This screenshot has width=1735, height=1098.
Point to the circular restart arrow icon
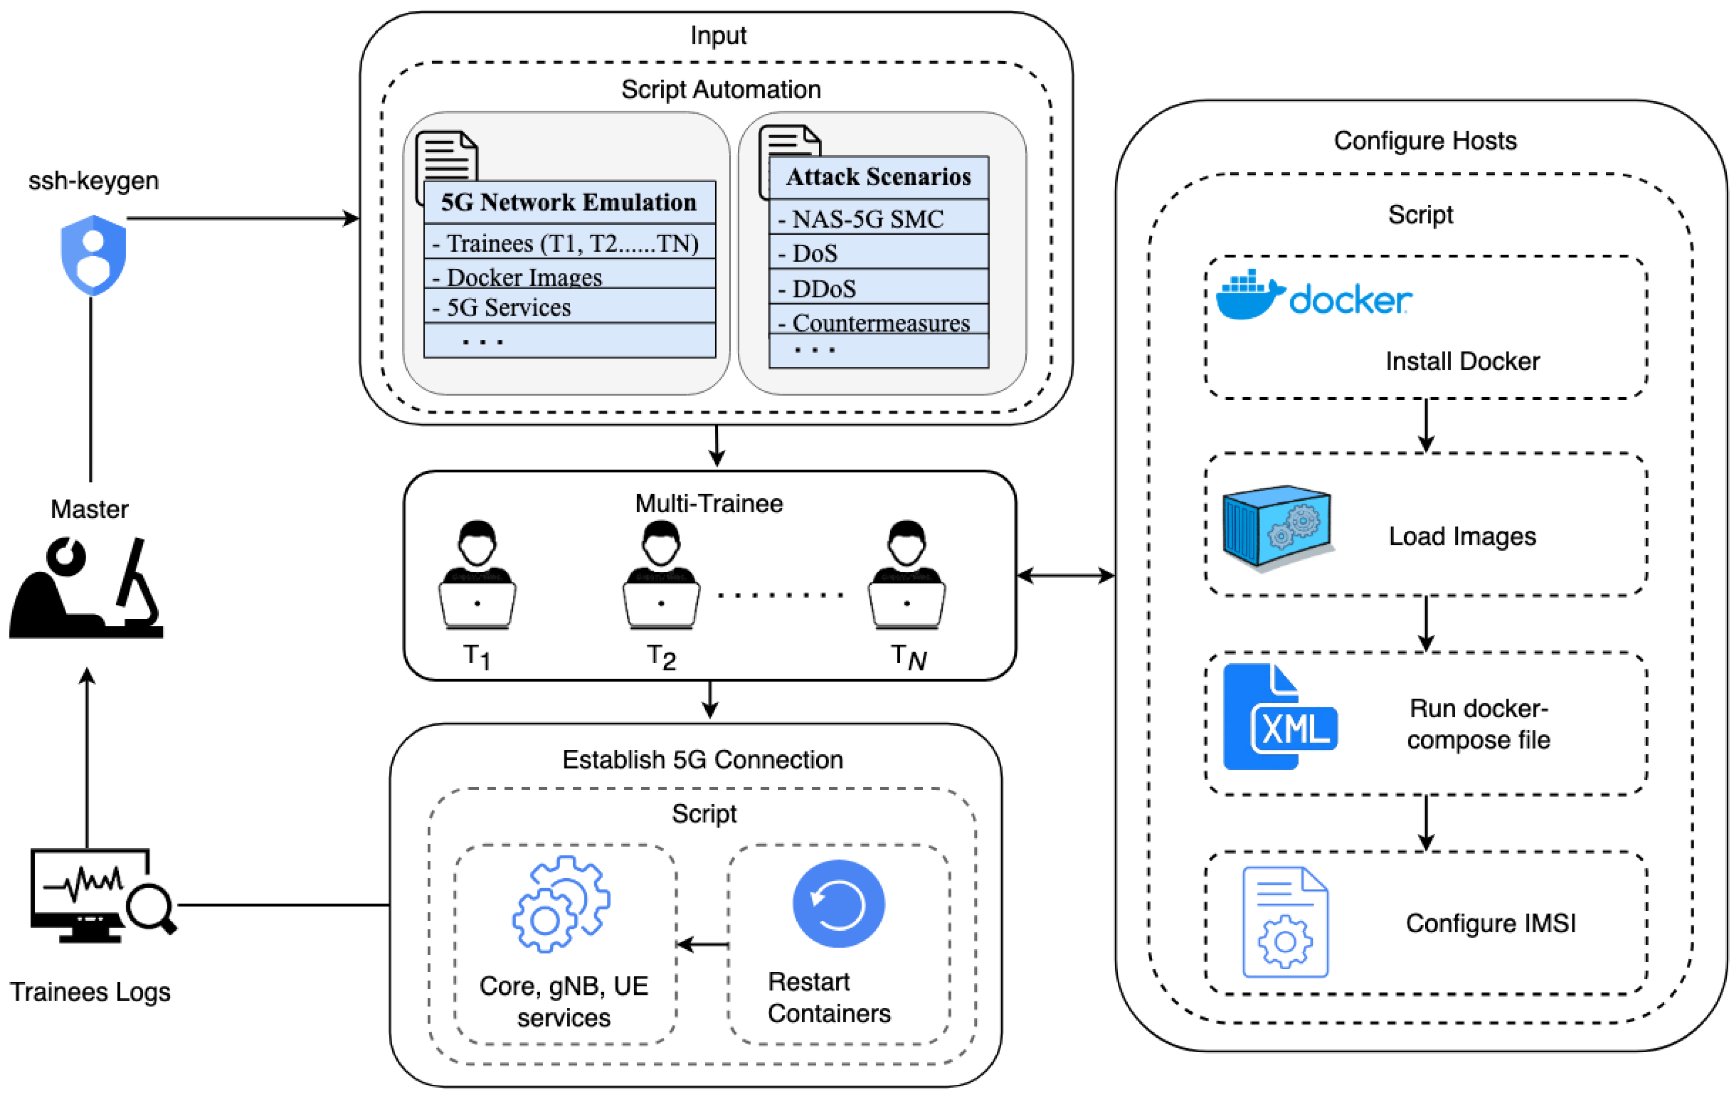click(838, 904)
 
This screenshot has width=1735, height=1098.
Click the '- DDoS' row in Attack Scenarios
click(878, 288)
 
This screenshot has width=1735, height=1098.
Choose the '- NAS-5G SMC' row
click(878, 219)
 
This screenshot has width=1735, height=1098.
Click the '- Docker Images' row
click(569, 276)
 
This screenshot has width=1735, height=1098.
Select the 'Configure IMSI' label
click(1490, 923)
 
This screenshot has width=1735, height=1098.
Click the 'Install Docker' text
click(1462, 361)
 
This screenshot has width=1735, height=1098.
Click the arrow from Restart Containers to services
click(702, 944)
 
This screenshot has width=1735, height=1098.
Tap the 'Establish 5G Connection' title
click(702, 759)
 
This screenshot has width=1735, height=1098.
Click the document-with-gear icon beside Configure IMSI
click(1285, 922)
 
